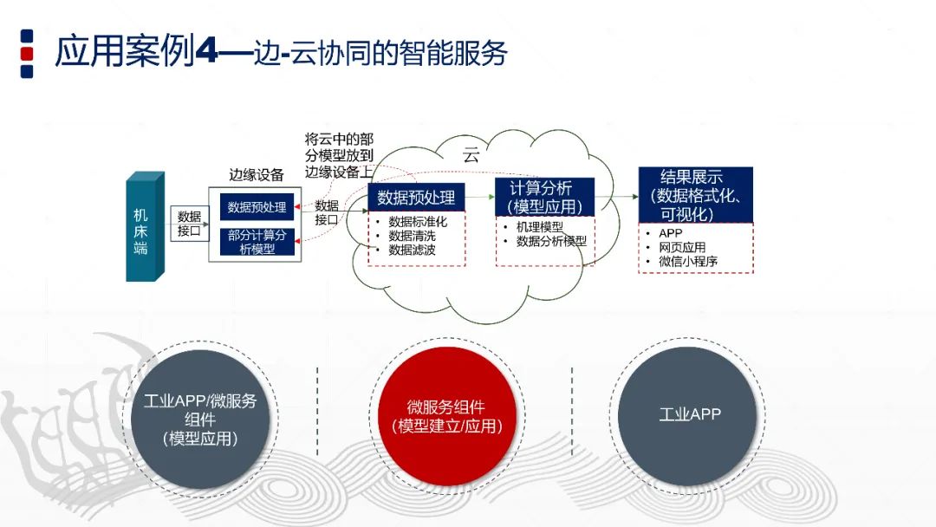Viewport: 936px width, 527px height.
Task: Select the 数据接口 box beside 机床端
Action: coord(189,224)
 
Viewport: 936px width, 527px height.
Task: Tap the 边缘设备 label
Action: coord(256,175)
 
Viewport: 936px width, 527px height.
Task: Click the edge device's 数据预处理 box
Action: coord(257,208)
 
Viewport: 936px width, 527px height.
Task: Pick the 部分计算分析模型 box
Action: coord(257,242)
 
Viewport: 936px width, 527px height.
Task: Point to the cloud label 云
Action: coord(471,156)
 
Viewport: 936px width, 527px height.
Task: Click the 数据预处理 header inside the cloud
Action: coord(416,197)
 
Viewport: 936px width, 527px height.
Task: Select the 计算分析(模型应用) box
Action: coord(545,198)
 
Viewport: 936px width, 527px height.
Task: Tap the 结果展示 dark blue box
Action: coord(695,195)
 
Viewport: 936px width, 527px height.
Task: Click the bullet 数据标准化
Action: coord(418,221)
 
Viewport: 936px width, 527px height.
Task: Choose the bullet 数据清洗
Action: coord(412,236)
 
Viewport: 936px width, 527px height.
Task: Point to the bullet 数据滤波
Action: coord(412,250)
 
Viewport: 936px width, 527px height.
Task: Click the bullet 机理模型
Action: coord(539,227)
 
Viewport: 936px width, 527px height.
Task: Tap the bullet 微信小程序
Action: coord(688,261)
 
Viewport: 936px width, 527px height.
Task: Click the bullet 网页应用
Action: coord(682,247)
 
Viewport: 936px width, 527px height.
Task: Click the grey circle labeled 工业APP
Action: coord(689,414)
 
